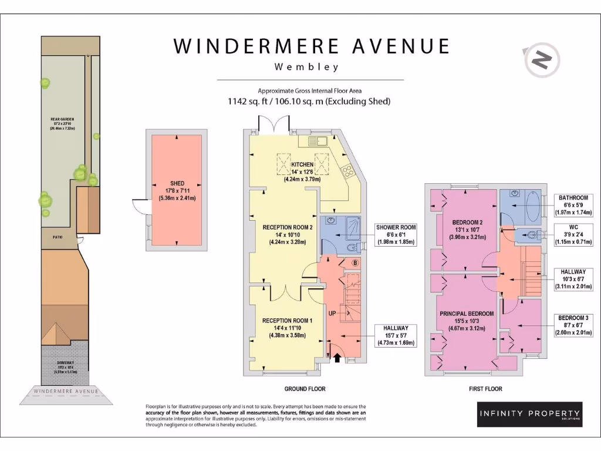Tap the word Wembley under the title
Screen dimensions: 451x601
tap(307, 67)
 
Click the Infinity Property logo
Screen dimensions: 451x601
tap(530, 414)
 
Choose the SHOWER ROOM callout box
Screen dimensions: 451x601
tap(396, 235)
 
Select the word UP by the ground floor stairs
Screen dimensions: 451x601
tap(332, 314)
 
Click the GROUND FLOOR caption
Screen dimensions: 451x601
tap(305, 389)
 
